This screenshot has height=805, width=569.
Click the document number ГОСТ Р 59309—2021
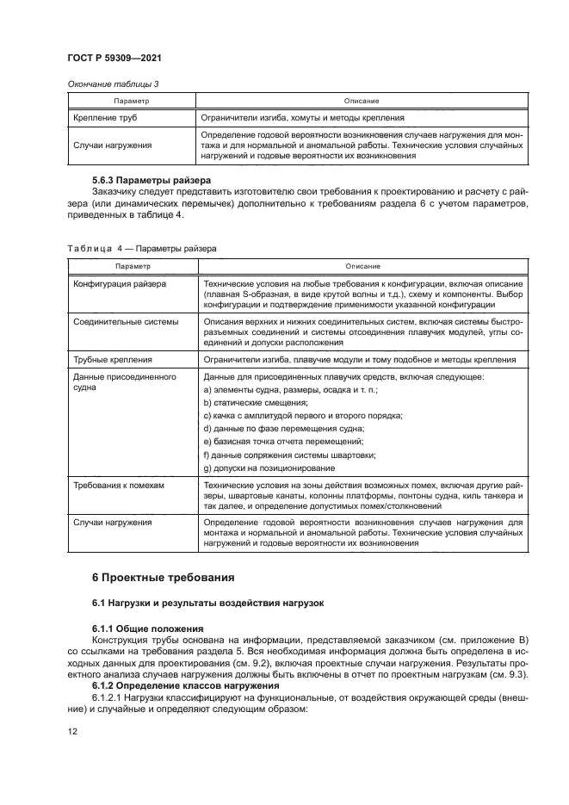(x=109, y=58)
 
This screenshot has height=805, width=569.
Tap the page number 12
(x=71, y=731)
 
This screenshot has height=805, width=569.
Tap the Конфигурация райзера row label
(x=121, y=283)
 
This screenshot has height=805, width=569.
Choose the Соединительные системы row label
(x=127, y=321)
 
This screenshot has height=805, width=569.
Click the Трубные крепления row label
(x=113, y=359)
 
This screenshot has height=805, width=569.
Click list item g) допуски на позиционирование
(x=269, y=468)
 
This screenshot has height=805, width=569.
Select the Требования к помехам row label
(x=119, y=486)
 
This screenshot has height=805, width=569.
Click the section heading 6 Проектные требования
(x=163, y=577)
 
